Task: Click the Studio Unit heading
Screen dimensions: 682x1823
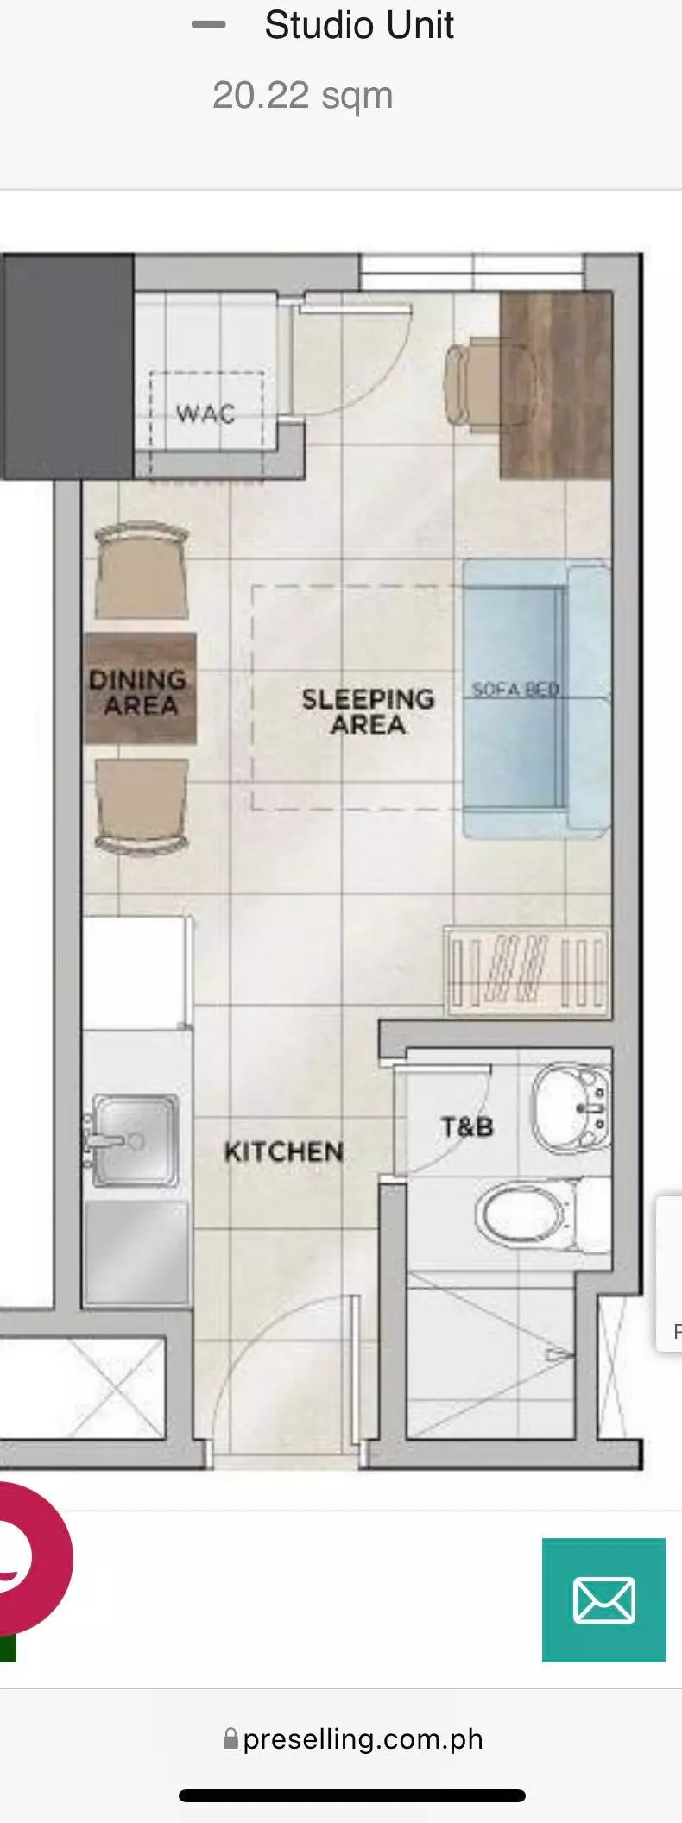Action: click(x=359, y=25)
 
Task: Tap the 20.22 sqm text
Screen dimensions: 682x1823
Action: click(x=302, y=96)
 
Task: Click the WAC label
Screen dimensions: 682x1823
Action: click(x=205, y=413)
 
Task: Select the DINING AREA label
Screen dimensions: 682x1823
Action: click(x=138, y=692)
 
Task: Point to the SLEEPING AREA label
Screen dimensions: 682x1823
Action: click(x=368, y=711)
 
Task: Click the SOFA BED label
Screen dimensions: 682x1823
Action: click(x=515, y=690)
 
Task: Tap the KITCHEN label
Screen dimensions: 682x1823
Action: click(x=284, y=1151)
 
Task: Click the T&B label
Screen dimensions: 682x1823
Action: click(x=467, y=1126)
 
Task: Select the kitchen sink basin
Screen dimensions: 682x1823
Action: click(x=134, y=1140)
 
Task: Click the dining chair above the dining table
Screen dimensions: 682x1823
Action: click(x=142, y=570)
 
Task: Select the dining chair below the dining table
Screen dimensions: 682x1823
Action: click(x=142, y=807)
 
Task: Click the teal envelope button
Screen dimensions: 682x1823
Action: click(x=604, y=1599)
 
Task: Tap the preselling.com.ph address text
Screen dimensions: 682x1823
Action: click(x=363, y=1738)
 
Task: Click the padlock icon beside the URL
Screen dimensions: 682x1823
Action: click(x=230, y=1738)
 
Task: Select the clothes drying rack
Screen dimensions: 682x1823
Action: click(x=527, y=971)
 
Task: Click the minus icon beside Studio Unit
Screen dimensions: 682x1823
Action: click(x=208, y=25)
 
